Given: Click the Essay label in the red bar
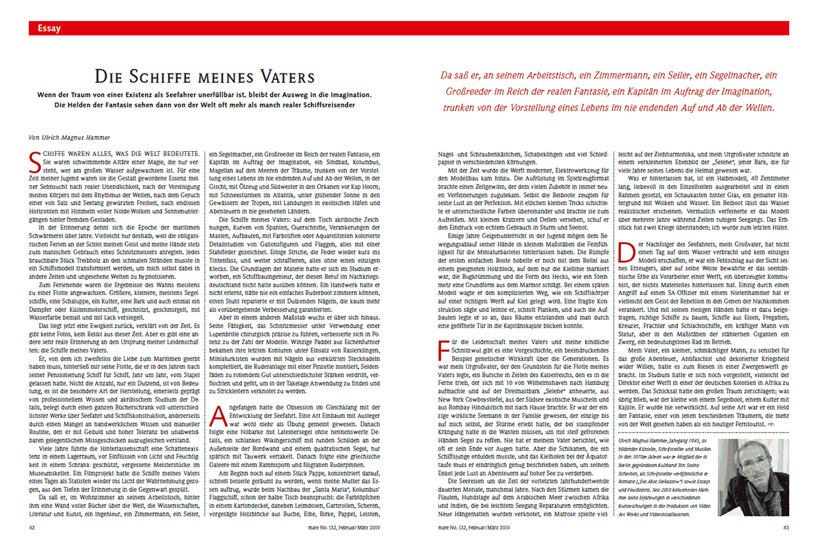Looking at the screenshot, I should point(50,28).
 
